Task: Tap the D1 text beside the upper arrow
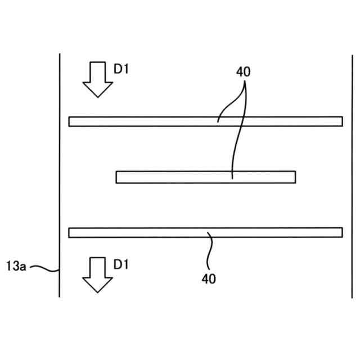click(x=121, y=69)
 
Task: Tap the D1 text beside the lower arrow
click(x=121, y=264)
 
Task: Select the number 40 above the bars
click(x=244, y=72)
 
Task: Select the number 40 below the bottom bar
click(x=209, y=278)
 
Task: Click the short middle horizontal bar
click(x=205, y=177)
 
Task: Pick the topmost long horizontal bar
click(x=205, y=121)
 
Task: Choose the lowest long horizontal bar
click(x=205, y=232)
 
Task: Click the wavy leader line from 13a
click(x=44, y=268)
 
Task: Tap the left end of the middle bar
click(x=117, y=177)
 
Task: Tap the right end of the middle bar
click(x=294, y=177)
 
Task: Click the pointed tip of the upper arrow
click(x=98, y=96)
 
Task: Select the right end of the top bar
click(x=341, y=121)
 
